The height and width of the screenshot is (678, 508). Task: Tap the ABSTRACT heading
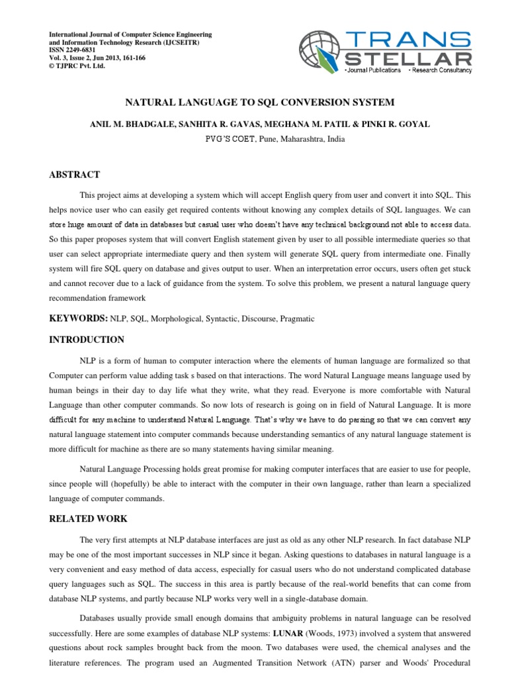(x=75, y=175)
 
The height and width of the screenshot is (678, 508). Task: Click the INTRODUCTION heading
(x=87, y=340)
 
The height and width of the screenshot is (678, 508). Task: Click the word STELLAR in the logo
(x=406, y=59)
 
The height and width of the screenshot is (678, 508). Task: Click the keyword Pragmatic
(x=297, y=319)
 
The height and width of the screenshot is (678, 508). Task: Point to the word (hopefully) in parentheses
(x=143, y=485)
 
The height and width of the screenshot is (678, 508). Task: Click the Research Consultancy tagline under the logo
(x=443, y=70)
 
